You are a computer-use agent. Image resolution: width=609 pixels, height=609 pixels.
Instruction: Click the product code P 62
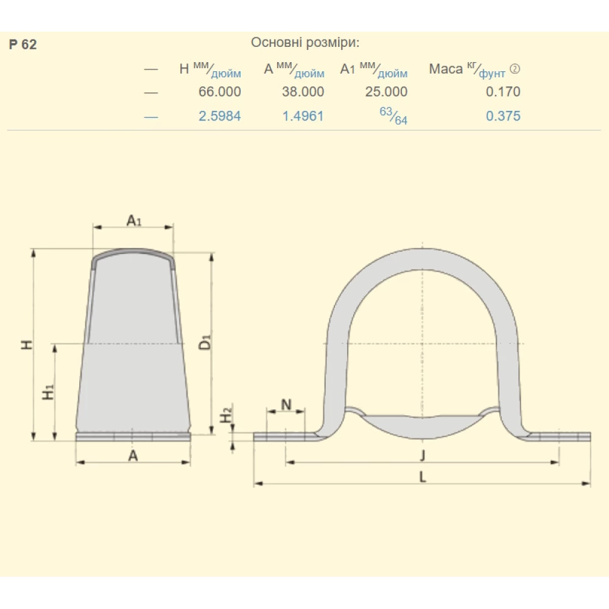coord(23,44)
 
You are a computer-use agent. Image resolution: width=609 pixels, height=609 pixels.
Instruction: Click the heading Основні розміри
coord(305,43)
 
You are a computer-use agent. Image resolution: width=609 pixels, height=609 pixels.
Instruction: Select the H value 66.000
coord(219,92)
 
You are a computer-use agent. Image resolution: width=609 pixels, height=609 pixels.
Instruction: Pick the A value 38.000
coord(303,92)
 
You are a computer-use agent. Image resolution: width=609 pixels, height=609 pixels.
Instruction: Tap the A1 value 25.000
coord(386,92)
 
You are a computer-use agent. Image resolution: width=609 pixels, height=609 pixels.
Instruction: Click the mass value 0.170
coord(503,92)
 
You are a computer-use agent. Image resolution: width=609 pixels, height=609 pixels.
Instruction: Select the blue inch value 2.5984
coord(219,116)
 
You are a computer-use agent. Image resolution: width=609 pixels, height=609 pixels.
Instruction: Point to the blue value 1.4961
coord(303,116)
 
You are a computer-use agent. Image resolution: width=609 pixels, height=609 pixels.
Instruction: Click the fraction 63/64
coord(393,116)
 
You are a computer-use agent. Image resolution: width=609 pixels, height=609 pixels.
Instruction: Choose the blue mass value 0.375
coord(503,116)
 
